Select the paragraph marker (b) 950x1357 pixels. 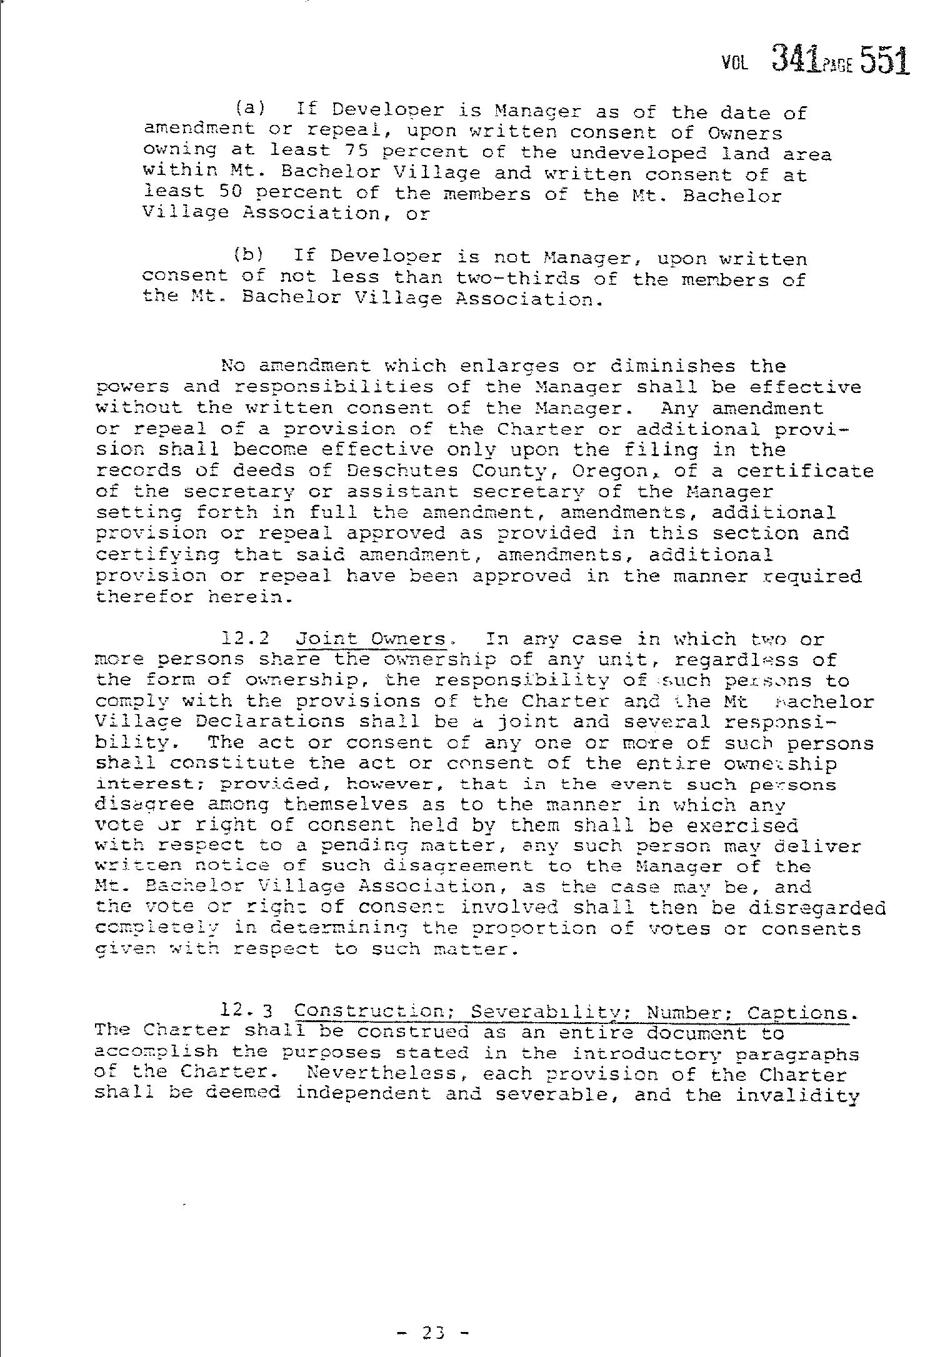249,256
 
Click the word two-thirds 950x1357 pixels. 519,277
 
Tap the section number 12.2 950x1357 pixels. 246,639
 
